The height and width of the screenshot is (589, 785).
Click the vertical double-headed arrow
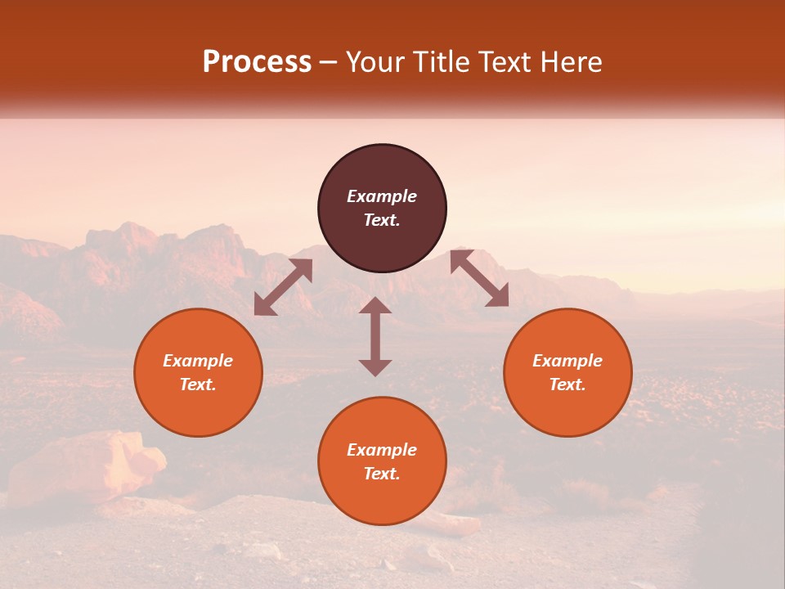coord(375,336)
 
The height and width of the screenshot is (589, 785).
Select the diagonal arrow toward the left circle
coord(283,287)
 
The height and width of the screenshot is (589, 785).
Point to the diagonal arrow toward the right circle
coord(479,278)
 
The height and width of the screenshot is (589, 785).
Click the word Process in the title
coord(257,62)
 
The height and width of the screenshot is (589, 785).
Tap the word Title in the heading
coord(442,62)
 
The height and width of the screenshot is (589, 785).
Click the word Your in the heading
coord(375,62)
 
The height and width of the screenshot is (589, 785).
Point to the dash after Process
coord(329,62)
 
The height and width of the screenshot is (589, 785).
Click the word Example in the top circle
coord(382,196)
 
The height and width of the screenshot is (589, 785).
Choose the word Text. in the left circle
coord(198,384)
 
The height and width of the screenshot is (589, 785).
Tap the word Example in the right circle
coord(567,361)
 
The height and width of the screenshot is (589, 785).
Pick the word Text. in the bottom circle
coord(382,474)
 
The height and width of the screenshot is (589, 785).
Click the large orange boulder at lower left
coord(86,466)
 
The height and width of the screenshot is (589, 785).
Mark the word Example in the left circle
coord(198,361)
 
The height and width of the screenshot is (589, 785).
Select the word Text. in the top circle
coord(382,220)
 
